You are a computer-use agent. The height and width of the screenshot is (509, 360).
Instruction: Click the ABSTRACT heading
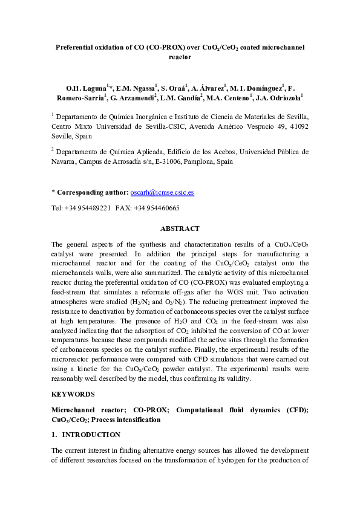[x=180, y=229]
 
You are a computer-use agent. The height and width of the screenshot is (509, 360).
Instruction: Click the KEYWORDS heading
[x=73, y=394]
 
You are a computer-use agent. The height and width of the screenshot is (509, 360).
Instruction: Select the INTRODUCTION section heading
[x=91, y=435]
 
